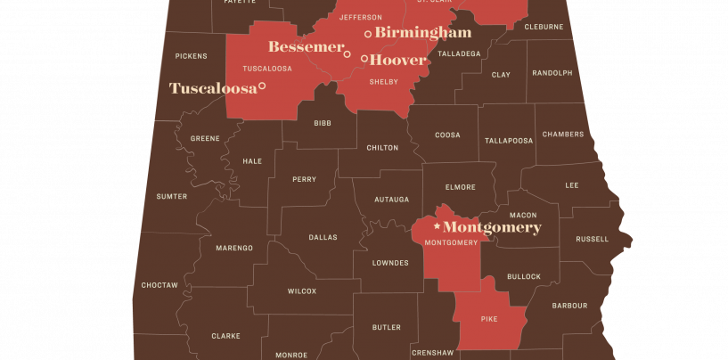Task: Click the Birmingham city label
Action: (x=422, y=33)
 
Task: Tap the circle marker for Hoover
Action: (x=364, y=59)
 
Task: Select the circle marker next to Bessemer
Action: (x=348, y=54)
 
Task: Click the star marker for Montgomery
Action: (x=437, y=227)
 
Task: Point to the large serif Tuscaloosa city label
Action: (x=212, y=87)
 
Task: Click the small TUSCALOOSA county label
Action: (x=267, y=68)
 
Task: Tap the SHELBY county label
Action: (x=383, y=82)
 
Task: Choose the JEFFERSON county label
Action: (x=361, y=17)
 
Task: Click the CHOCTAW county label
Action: (x=160, y=285)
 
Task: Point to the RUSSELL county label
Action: (x=592, y=239)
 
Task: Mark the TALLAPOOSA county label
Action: (x=509, y=141)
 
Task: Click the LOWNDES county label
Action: (x=390, y=263)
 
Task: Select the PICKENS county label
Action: (x=191, y=56)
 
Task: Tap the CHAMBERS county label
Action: (x=563, y=135)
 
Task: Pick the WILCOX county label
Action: (x=301, y=291)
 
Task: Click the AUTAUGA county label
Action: (x=392, y=199)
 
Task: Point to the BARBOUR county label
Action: (x=569, y=306)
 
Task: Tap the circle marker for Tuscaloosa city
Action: (x=262, y=86)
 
